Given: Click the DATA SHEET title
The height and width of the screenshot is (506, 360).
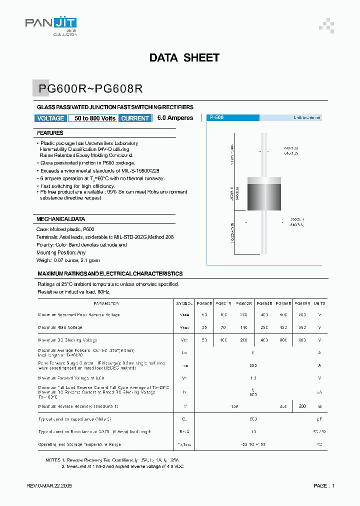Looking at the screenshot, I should tap(184, 58).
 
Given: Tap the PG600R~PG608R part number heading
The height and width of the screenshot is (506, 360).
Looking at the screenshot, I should tap(91, 88).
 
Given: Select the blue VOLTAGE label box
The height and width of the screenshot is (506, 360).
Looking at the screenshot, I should tap(51, 118).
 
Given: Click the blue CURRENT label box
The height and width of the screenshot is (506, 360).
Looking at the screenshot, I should tap(135, 118).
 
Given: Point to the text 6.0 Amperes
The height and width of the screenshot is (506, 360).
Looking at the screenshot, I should tap(175, 118).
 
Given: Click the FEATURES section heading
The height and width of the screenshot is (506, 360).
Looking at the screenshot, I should tap(50, 133).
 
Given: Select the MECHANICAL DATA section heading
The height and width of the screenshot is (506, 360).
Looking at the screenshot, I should tap(60, 219).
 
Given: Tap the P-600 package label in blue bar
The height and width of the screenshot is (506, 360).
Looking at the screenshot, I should tap(217, 117).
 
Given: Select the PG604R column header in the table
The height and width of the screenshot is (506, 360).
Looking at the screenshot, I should tap(264, 303).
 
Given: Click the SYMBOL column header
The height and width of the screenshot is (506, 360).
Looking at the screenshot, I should tap(184, 303).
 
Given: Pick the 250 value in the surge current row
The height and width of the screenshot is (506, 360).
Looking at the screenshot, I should tap(253, 365).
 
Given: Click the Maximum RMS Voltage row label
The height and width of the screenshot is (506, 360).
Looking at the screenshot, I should tap(60, 327).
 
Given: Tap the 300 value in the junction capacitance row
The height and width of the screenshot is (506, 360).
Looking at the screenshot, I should tap(253, 418).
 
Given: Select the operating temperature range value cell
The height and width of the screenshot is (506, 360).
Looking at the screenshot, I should tap(253, 444).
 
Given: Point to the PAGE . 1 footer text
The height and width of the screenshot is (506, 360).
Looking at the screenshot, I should tap(324, 486).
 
